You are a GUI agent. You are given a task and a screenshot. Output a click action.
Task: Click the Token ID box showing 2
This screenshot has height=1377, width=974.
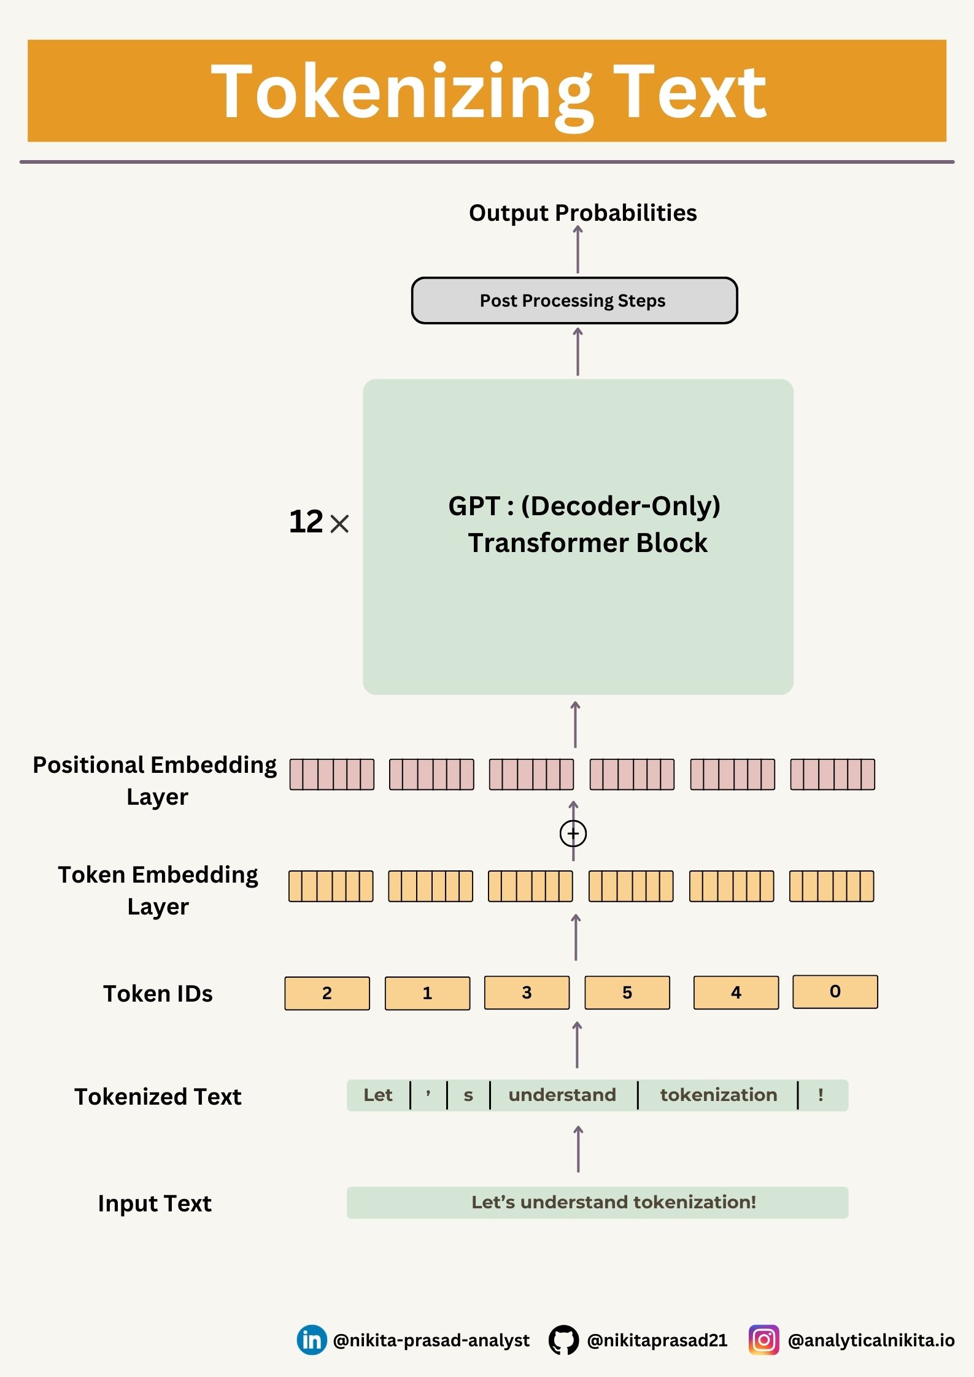(327, 993)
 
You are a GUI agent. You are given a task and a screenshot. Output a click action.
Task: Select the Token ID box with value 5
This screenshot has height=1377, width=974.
(627, 992)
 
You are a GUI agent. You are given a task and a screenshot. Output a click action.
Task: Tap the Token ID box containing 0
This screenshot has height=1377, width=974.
(835, 991)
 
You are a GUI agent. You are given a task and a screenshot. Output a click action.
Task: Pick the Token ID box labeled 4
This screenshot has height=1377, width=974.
(736, 992)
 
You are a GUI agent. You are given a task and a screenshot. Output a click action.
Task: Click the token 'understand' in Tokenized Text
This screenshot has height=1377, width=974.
(562, 1095)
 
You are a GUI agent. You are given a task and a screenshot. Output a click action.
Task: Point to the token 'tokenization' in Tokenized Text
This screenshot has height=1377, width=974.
(718, 1095)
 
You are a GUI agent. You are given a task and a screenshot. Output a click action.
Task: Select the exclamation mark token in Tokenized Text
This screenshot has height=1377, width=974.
(821, 1095)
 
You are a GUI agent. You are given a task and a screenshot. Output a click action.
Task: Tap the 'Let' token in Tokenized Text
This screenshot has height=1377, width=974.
(377, 1095)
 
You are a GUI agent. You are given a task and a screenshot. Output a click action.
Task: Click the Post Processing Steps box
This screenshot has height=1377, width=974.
(574, 301)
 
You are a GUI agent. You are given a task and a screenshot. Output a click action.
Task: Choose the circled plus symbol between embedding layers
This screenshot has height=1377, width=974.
(573, 834)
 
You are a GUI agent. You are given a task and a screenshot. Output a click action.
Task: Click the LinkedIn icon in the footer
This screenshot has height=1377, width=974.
(312, 1340)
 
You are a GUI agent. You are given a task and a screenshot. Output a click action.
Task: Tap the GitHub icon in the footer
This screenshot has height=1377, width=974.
(563, 1340)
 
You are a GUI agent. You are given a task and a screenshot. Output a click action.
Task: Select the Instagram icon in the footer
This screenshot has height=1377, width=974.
(763, 1340)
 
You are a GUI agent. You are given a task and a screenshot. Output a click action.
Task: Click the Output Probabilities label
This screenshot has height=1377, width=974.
(582, 213)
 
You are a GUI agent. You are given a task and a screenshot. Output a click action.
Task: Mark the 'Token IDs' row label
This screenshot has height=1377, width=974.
(158, 994)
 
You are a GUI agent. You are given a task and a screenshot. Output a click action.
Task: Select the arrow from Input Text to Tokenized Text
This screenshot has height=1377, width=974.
(578, 1149)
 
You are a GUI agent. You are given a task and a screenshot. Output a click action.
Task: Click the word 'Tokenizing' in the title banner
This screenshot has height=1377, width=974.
(402, 92)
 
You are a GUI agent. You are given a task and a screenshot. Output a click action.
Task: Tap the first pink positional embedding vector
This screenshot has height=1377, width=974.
(331, 774)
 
